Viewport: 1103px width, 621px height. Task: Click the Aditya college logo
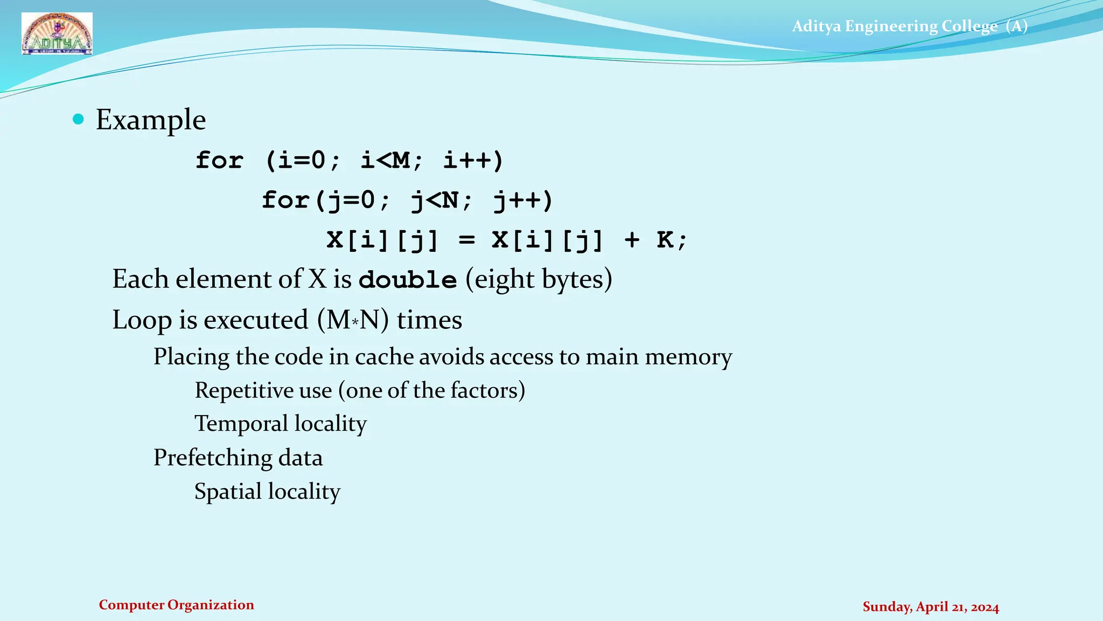(57, 34)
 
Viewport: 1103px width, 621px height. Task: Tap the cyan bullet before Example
(79, 119)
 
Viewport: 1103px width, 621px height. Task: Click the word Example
(151, 120)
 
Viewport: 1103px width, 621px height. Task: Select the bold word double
(408, 280)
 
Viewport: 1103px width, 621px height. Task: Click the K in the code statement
(665, 239)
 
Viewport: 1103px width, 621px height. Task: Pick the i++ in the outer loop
(473, 160)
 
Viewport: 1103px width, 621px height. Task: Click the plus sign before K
(632, 240)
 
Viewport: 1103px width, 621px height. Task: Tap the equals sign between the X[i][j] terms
(466, 240)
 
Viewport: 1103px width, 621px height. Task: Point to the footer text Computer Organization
(176, 605)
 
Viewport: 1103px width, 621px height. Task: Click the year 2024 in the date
(985, 607)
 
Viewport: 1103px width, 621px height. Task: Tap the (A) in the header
(1017, 26)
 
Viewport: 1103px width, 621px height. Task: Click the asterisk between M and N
(355, 322)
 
